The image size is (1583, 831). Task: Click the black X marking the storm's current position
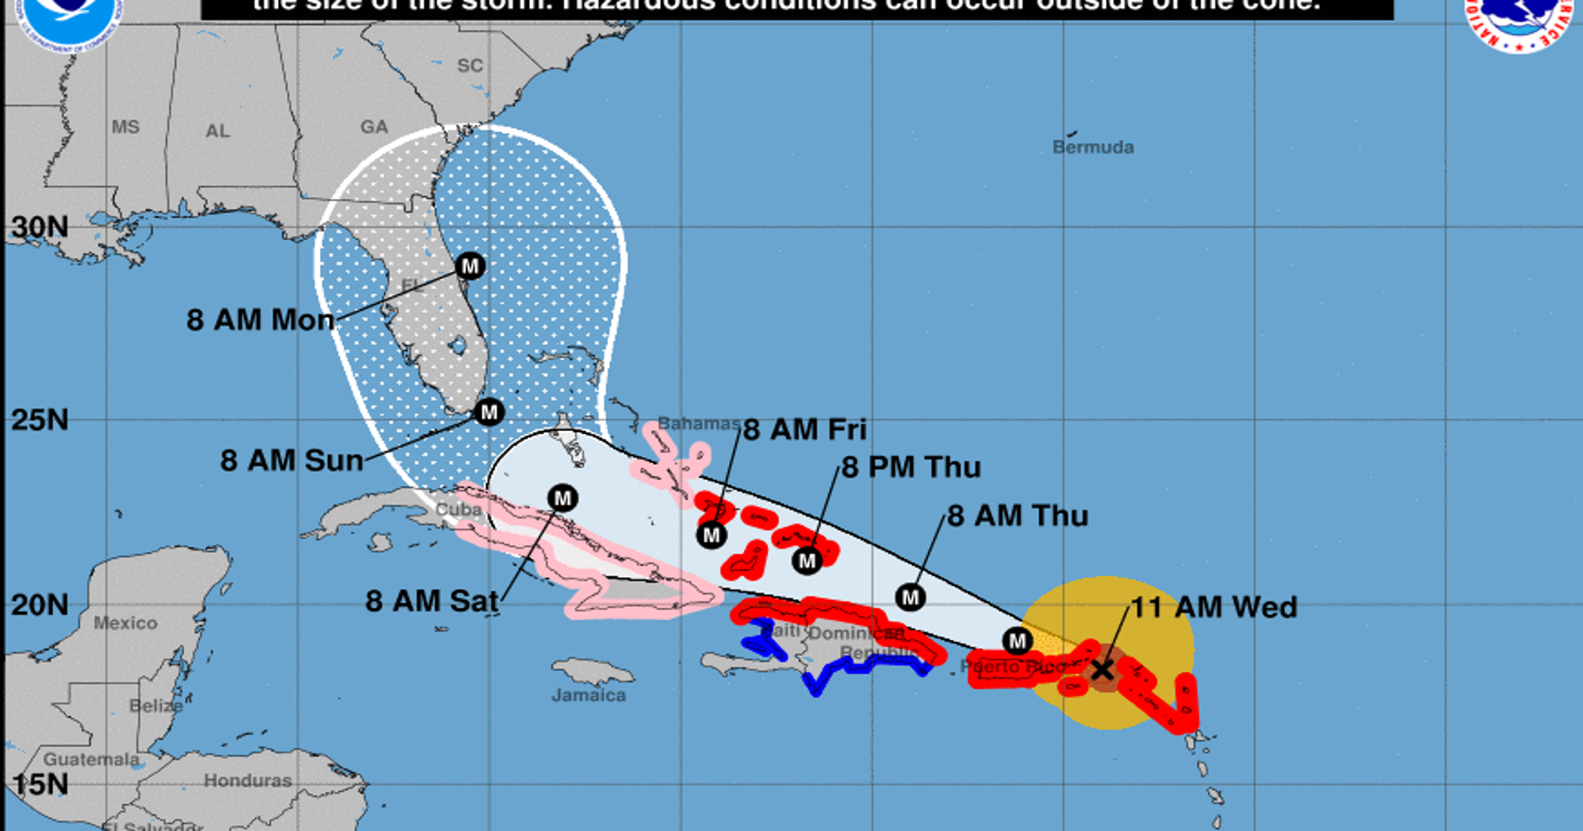pyautogui.click(x=1103, y=669)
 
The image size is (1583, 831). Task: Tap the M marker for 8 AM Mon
pyautogui.click(x=470, y=266)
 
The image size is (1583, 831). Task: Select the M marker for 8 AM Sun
pyautogui.click(x=489, y=412)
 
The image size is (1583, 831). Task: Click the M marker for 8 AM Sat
pyautogui.click(x=562, y=498)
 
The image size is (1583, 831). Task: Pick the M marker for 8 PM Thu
pyautogui.click(x=807, y=560)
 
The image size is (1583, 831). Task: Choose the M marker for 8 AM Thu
pyautogui.click(x=910, y=597)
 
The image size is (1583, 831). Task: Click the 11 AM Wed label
pyautogui.click(x=1213, y=607)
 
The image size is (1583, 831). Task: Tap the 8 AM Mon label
pyautogui.click(x=261, y=320)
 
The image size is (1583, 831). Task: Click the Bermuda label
pyautogui.click(x=1093, y=147)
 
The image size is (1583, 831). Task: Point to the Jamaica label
pyautogui.click(x=589, y=695)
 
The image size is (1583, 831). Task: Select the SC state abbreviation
pyautogui.click(x=470, y=66)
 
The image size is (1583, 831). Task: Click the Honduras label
pyautogui.click(x=248, y=781)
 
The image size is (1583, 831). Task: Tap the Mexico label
pyautogui.click(x=125, y=623)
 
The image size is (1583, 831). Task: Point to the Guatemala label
pyautogui.click(x=91, y=760)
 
